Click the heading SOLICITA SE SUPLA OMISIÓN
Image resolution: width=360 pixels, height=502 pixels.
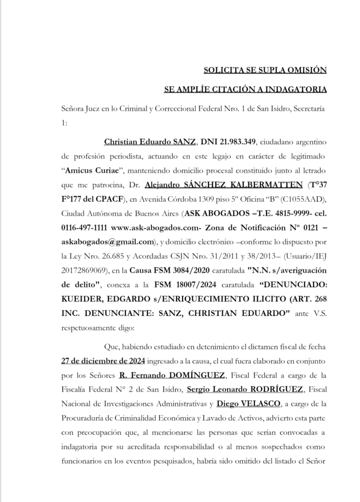click(264, 70)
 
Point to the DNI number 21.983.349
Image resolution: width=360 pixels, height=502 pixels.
click(228, 142)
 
